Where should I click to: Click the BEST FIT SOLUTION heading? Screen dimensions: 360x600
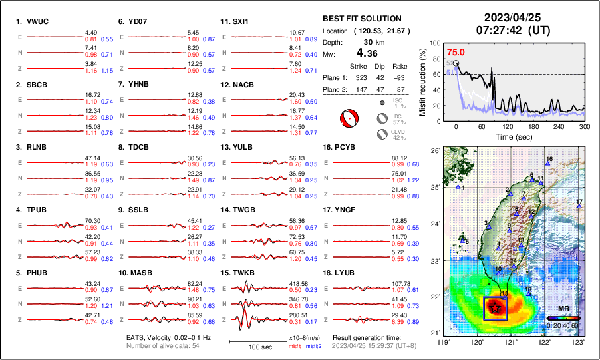point(362,19)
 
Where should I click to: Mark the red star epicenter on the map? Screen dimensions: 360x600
point(495,307)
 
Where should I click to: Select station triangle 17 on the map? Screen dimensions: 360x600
point(579,207)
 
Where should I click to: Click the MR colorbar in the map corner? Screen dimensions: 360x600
point(563,319)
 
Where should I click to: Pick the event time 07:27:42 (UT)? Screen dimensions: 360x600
point(508,30)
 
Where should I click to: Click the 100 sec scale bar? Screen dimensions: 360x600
point(260,342)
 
